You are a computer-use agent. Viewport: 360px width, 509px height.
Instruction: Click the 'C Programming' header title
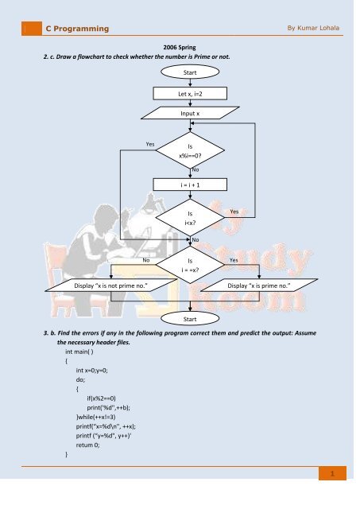point(77,29)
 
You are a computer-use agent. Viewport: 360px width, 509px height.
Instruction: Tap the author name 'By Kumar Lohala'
point(313,28)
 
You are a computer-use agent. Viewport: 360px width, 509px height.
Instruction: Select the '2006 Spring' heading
point(180,48)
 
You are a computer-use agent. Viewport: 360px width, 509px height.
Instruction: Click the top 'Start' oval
point(190,72)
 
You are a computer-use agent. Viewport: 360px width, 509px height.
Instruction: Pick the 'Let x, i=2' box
point(190,94)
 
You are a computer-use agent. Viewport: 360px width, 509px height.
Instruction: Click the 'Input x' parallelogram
point(190,113)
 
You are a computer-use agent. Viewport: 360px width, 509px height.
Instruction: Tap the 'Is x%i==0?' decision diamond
point(190,150)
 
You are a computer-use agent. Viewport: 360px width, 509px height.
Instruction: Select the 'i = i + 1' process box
point(190,185)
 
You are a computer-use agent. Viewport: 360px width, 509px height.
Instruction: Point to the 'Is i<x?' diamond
point(190,217)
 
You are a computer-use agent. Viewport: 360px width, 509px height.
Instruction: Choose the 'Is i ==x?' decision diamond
point(190,265)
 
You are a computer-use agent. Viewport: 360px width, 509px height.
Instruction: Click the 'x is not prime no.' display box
point(111,286)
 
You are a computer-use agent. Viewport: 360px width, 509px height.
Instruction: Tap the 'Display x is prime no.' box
point(259,286)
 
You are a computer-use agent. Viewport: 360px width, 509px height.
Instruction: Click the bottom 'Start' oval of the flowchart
point(190,319)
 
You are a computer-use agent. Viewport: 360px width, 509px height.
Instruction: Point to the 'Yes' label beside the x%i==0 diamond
point(150,144)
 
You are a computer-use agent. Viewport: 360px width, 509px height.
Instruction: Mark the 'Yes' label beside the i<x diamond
point(234,212)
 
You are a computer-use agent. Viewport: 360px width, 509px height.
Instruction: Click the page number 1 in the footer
point(332,473)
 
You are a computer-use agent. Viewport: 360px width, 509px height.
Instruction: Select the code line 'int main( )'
point(79,352)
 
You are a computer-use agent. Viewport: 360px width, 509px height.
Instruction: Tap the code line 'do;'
point(80,379)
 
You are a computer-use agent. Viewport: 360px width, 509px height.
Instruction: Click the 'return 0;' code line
point(87,445)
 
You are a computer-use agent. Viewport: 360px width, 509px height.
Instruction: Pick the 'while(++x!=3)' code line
point(95,417)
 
